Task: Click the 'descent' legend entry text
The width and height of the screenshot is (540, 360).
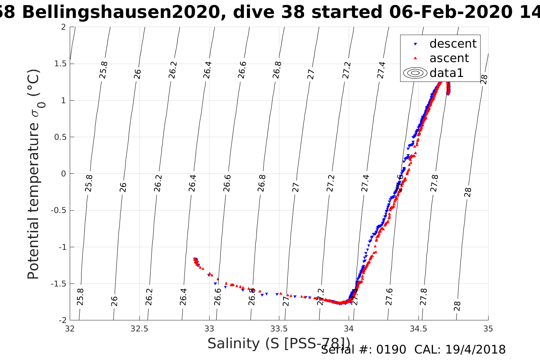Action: [453, 44]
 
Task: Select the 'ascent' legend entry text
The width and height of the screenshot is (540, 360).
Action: [449, 58]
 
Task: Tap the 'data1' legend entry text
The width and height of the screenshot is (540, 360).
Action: [446, 73]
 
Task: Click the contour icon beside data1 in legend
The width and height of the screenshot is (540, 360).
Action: [415, 73]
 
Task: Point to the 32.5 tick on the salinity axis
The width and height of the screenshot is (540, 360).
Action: [139, 328]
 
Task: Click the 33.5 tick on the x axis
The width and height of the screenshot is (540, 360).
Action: [279, 328]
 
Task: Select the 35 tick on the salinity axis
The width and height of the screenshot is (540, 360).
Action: [488, 328]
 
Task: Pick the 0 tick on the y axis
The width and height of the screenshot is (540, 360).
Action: [63, 174]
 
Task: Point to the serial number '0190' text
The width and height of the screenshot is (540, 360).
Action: [391, 350]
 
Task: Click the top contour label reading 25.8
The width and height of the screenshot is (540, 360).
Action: [103, 70]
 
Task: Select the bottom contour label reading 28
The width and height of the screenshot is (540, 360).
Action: [457, 306]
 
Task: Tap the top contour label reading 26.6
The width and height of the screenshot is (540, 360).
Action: [242, 70]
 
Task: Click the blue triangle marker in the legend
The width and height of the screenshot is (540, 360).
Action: [415, 44]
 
